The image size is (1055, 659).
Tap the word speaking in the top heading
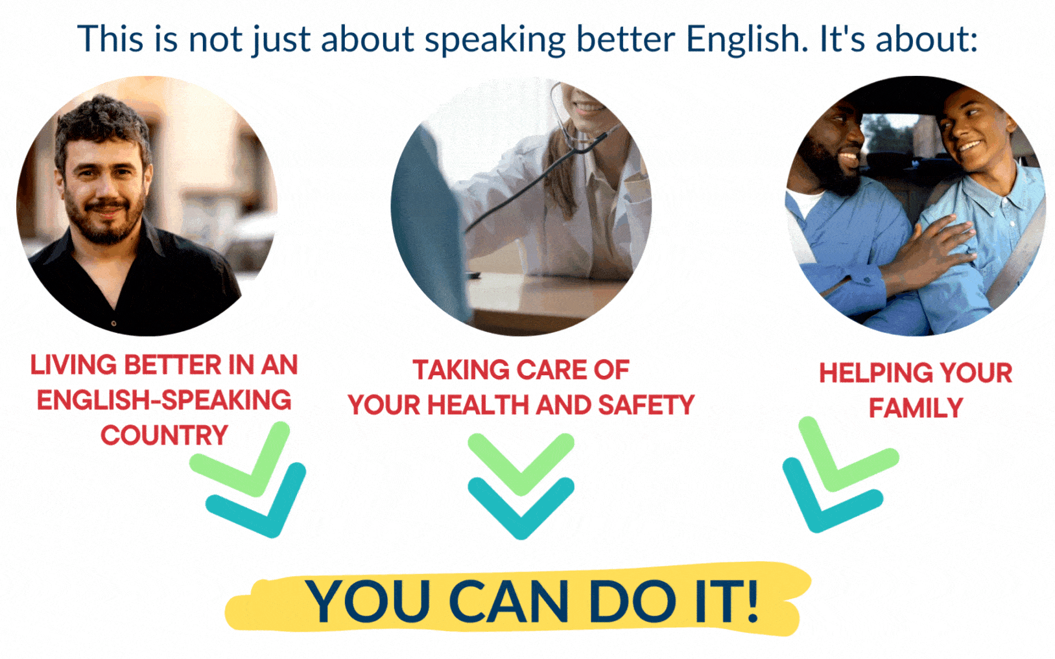click(495, 40)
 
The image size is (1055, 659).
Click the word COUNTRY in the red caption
click(164, 435)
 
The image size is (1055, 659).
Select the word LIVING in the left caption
click(73, 365)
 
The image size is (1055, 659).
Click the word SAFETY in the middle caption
click(646, 405)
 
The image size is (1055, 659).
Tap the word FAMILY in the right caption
click(916, 408)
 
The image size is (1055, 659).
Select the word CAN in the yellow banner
click(508, 601)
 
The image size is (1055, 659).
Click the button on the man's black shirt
click(113, 323)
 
